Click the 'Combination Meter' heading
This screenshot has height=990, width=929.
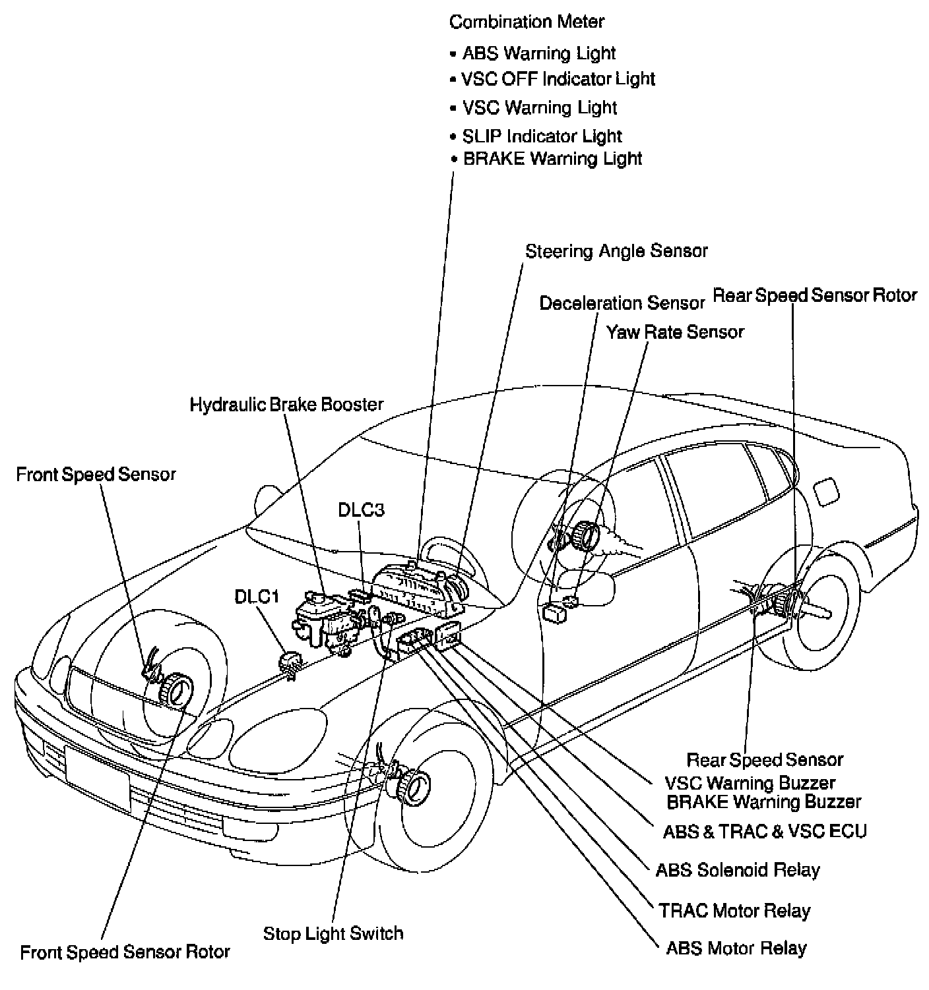(x=527, y=22)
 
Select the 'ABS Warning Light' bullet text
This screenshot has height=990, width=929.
(x=538, y=53)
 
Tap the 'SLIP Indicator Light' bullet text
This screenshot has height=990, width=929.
(x=542, y=136)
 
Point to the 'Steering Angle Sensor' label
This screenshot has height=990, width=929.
(x=616, y=251)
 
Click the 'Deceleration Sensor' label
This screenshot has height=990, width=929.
(x=622, y=303)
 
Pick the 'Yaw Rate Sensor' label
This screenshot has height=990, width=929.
(x=675, y=332)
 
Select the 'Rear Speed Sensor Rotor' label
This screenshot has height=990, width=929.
(x=815, y=295)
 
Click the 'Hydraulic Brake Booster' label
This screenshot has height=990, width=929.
(x=286, y=404)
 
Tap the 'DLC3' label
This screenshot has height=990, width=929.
(x=361, y=510)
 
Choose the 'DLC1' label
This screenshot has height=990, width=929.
(x=257, y=597)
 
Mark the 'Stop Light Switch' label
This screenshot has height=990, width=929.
(x=333, y=933)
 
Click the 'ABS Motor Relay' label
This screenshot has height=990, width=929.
(x=736, y=948)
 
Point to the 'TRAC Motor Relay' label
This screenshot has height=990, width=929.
(x=734, y=911)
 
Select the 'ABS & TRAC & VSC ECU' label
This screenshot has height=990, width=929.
(x=764, y=832)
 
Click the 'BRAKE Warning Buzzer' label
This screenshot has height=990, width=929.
(x=763, y=802)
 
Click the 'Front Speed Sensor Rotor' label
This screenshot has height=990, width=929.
(x=125, y=952)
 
